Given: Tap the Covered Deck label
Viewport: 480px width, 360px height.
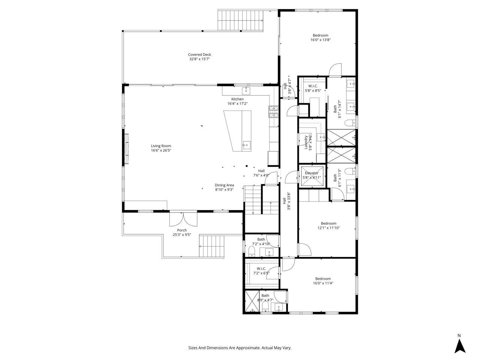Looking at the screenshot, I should (199, 57).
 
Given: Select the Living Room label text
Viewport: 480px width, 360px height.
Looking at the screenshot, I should (161, 148).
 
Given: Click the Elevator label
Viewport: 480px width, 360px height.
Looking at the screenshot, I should (311, 175).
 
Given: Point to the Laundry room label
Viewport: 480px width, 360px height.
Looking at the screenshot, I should (308, 142).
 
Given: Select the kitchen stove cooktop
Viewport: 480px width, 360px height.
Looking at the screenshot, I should (274, 112).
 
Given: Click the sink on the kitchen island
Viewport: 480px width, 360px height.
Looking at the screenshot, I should (246, 145).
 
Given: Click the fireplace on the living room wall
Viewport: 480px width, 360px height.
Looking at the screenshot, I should (127, 149).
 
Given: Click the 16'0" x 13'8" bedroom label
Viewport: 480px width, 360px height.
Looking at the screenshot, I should (320, 37).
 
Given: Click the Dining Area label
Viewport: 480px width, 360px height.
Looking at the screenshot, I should (224, 187).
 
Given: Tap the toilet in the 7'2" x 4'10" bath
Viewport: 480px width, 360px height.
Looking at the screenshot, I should (251, 250).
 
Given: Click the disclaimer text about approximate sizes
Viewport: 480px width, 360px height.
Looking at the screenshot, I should (240, 348).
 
